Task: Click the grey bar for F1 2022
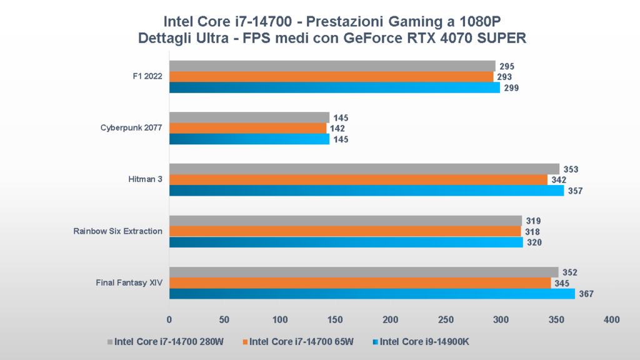(x=331, y=66)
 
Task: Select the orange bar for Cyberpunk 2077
(x=247, y=128)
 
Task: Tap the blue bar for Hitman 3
(x=366, y=190)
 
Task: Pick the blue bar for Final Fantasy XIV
(x=372, y=294)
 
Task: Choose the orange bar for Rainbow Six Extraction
(x=345, y=231)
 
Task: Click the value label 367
(x=585, y=294)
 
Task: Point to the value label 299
(x=511, y=87)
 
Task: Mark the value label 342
(x=559, y=180)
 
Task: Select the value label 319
(x=532, y=221)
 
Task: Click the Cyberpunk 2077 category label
(x=131, y=128)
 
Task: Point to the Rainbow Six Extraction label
(x=117, y=231)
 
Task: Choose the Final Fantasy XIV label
(x=129, y=282)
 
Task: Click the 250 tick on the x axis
(x=446, y=319)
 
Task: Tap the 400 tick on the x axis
(x=611, y=319)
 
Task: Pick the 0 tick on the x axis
(x=169, y=319)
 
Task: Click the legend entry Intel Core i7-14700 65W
(x=301, y=342)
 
